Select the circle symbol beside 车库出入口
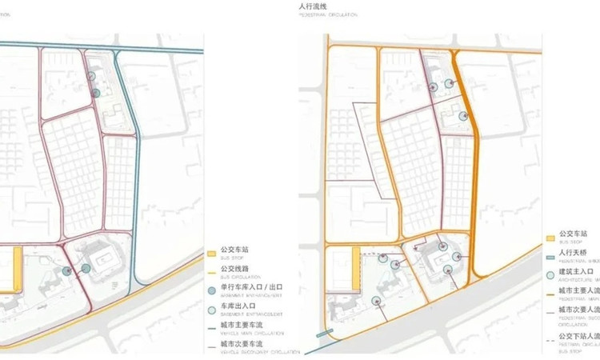click(x=212, y=306)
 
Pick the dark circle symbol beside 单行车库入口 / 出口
click(x=212, y=288)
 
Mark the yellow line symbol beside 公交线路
click(x=212, y=270)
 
